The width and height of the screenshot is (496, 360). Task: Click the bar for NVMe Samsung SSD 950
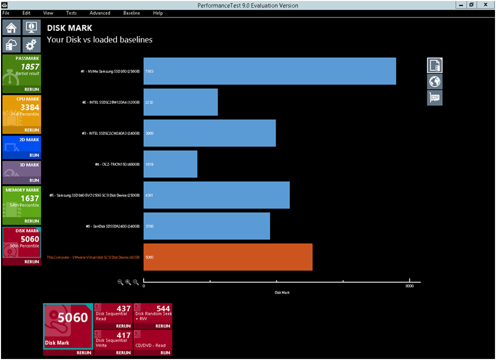[x=270, y=71]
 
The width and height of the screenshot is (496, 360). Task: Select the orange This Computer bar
[x=228, y=257]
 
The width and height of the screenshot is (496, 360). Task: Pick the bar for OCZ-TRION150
[x=170, y=164]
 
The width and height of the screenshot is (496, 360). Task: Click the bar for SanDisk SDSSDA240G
[x=207, y=226]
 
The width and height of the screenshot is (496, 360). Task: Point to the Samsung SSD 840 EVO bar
[x=216, y=195]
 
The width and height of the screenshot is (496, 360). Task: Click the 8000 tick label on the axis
[x=409, y=286]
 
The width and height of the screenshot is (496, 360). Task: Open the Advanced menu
[x=100, y=13]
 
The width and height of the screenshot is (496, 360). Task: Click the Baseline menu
[x=132, y=13]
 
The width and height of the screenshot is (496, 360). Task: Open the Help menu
[x=158, y=13]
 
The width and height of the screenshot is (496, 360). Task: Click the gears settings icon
[x=31, y=45]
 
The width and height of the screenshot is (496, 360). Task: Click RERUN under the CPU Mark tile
[x=31, y=130]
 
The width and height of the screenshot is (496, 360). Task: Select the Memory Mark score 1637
[x=30, y=198]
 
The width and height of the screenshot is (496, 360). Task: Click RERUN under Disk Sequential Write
[x=123, y=353]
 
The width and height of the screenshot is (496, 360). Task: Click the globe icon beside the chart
[x=435, y=81]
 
